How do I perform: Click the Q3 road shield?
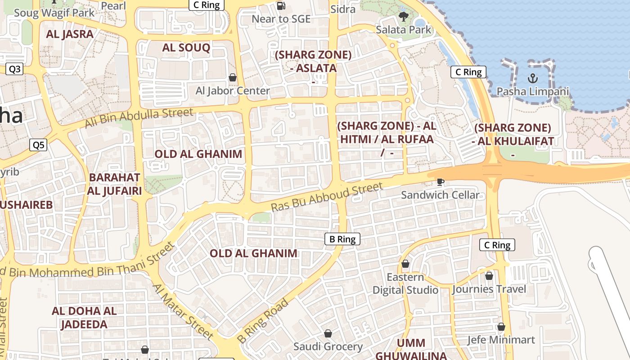(15, 69)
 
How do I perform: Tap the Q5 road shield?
(38, 145)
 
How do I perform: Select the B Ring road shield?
(342, 239)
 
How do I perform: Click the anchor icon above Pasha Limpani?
(533, 78)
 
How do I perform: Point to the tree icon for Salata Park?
(403, 17)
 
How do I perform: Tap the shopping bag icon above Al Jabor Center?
(233, 77)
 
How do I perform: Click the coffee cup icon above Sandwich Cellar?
(440, 182)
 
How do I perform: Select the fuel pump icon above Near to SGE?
(281, 6)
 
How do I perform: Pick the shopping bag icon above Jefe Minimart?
(501, 327)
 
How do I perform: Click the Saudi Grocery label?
(328, 346)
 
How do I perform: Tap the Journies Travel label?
(489, 289)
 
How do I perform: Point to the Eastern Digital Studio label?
(405, 283)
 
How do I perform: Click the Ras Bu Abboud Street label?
(327, 197)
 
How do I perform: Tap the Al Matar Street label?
(182, 311)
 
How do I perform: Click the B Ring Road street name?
(263, 320)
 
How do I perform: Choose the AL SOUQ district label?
(186, 48)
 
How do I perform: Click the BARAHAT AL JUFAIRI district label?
(115, 184)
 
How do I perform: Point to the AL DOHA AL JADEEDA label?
(84, 318)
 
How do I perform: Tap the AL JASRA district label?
(70, 34)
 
